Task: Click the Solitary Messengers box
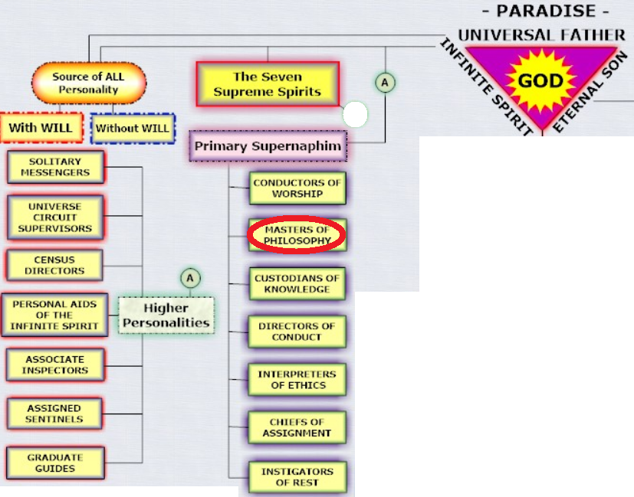coord(56,167)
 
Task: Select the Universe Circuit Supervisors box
coord(55,217)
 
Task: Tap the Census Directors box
coord(54,265)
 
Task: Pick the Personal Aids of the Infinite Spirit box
coord(54,315)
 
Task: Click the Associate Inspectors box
coord(55,365)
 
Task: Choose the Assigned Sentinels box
coord(54,414)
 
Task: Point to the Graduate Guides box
coord(55,463)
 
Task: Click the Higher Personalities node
coord(166,316)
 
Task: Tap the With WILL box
coord(41,128)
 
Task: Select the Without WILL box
coord(133,129)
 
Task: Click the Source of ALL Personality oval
coord(89,83)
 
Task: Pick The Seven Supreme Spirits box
coord(268,84)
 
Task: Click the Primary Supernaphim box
coord(268,146)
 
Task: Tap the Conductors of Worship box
coord(297,188)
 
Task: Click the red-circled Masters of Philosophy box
coord(297,235)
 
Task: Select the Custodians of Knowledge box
coord(297,283)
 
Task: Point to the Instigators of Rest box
coord(297,477)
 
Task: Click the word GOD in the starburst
coord(540,81)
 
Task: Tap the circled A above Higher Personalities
coord(190,278)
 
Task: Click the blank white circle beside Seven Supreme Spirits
coord(355,114)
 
